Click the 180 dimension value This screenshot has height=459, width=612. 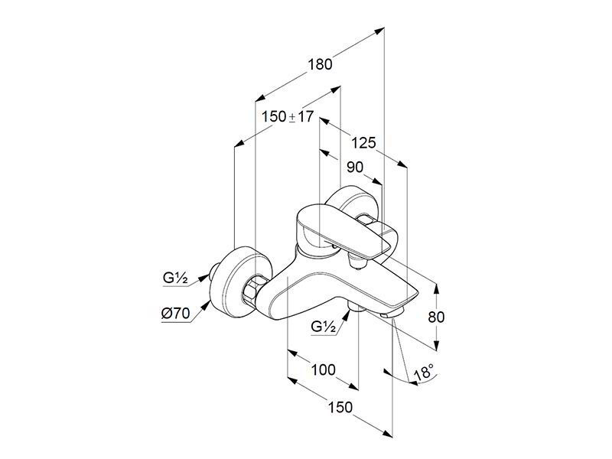click(x=320, y=64)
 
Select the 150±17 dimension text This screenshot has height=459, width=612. click(x=288, y=116)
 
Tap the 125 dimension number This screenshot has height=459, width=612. click(x=363, y=143)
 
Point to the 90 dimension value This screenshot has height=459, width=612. click(x=355, y=168)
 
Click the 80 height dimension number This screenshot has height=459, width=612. click(x=436, y=317)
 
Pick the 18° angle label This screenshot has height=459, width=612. click(x=424, y=373)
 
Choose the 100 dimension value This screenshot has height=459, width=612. click(x=323, y=369)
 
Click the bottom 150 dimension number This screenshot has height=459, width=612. click(x=340, y=408)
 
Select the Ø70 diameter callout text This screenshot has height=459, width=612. click(x=176, y=314)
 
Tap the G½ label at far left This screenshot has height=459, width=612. click(x=176, y=278)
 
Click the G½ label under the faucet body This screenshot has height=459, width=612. click(x=324, y=327)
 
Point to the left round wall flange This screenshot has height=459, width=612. click(x=239, y=282)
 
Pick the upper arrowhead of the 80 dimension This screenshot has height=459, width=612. click(x=436, y=288)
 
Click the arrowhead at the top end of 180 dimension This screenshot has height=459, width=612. click(x=379, y=31)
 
